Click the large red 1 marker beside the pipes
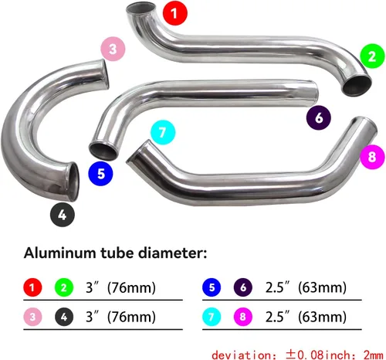175,13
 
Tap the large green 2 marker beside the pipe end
372,56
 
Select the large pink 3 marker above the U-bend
113,49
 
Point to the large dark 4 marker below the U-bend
63,215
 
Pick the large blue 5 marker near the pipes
100,174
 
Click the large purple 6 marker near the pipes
319,117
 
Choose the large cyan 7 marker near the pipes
163,132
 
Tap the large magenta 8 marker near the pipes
372,157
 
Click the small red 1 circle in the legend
32,287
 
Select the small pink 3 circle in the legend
32,317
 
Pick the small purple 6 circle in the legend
243,287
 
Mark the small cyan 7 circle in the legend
212,317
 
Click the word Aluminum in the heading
59,253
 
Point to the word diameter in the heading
171,253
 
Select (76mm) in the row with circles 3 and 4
131,317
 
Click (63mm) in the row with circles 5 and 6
322,287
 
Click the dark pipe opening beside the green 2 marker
357,85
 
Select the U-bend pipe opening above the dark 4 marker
73,181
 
